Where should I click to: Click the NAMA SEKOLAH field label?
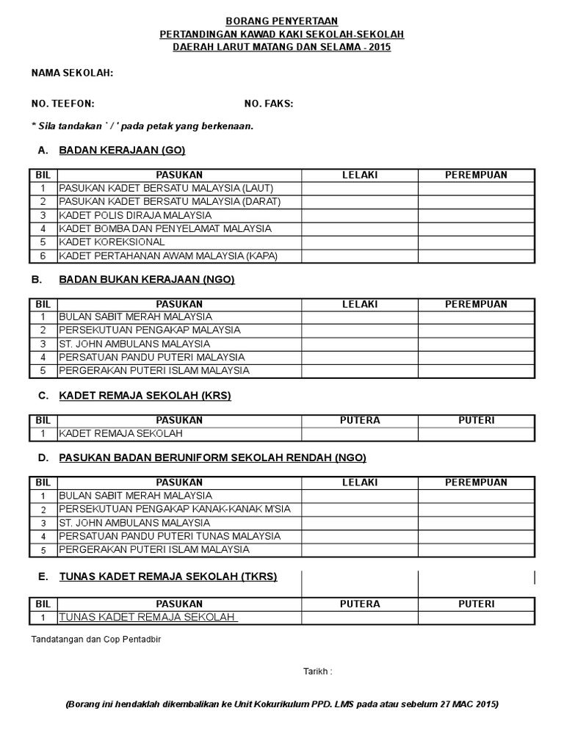[x=71, y=73]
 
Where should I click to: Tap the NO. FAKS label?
[x=268, y=104]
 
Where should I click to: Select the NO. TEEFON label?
[x=62, y=104]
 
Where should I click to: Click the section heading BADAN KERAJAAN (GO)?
[x=122, y=150]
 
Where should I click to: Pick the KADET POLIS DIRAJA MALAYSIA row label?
[x=135, y=215]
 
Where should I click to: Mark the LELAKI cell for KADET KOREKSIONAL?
[x=359, y=242]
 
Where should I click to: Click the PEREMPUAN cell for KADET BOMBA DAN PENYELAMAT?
[x=476, y=229]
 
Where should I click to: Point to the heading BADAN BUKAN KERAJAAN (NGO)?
[x=147, y=279]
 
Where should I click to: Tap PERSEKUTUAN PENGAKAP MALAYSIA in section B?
[x=150, y=330]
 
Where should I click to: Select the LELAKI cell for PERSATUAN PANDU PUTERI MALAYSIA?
[x=359, y=357]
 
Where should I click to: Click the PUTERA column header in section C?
[x=359, y=421]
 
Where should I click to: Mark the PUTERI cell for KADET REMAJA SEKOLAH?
[x=476, y=434]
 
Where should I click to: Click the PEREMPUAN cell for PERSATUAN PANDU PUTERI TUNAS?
[x=476, y=536]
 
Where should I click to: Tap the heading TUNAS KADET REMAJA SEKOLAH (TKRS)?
[x=168, y=576]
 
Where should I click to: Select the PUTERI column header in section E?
[x=476, y=604]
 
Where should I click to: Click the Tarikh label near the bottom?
[x=318, y=671]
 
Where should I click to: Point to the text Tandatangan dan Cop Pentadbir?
[x=95, y=639]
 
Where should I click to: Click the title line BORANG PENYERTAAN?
[x=282, y=23]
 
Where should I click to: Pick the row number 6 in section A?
[x=43, y=256]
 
